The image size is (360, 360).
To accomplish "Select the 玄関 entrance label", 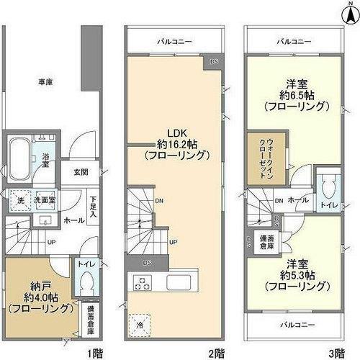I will [x=81, y=173].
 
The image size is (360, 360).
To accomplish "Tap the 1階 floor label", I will [x=95, y=354].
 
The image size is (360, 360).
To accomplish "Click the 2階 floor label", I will [x=217, y=354].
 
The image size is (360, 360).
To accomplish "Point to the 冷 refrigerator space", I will [x=140, y=323].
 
